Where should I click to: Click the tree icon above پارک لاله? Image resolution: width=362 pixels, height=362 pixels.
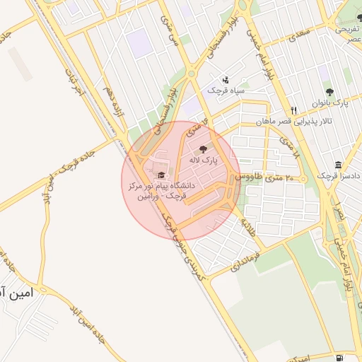point(204,149)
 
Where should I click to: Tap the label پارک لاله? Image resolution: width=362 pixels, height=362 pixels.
point(204,160)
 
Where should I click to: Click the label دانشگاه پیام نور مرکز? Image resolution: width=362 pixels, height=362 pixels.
point(159,187)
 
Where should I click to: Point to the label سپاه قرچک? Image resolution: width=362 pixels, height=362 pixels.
point(226,90)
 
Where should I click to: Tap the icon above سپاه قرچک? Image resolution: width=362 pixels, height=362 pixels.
point(226,79)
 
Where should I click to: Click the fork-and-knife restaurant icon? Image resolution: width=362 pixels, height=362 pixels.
point(293,110)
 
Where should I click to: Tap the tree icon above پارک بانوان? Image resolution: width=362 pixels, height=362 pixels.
point(329,92)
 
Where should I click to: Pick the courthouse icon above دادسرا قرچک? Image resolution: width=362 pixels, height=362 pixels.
point(339,164)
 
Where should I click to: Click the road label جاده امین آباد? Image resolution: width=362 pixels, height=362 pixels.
point(88,327)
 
